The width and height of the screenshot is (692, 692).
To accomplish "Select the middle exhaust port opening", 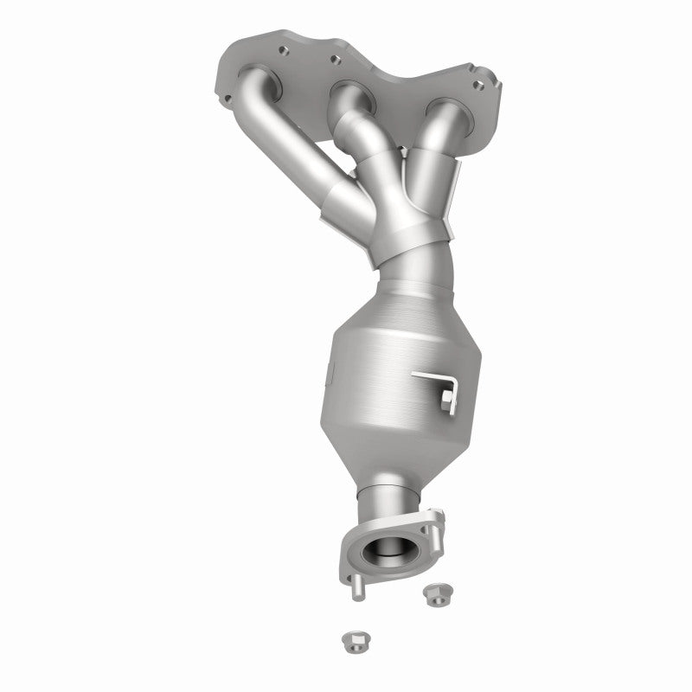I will coord(349,93).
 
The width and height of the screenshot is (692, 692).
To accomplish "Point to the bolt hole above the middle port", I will coord(331,61).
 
